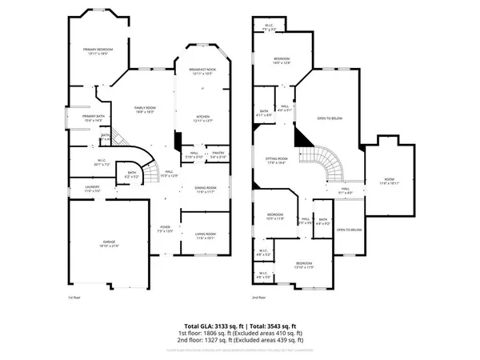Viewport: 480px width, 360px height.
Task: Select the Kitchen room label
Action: point(203,118)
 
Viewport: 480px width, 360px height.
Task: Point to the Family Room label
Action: point(145,110)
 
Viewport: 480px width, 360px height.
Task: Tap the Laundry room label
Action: point(92,189)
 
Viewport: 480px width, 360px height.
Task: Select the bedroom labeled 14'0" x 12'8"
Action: point(282,61)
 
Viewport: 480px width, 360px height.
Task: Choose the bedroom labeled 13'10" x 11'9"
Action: point(303,266)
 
